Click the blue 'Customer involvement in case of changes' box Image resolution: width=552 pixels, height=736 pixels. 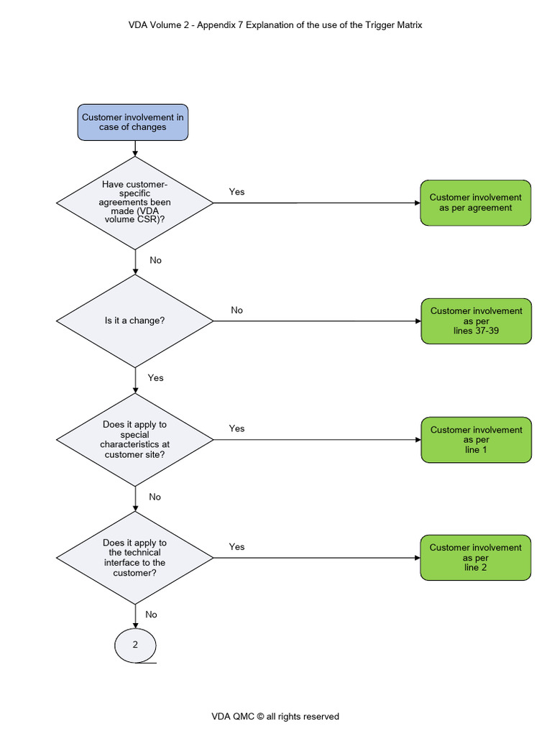(133, 122)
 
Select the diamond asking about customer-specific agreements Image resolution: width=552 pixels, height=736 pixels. (135, 203)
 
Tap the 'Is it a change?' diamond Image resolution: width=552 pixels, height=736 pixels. (135, 321)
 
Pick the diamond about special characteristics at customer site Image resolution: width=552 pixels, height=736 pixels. (135, 439)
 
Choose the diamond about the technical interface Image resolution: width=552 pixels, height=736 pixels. (135, 558)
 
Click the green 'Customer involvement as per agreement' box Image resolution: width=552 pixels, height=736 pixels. (475, 203)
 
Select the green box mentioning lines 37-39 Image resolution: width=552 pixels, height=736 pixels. (476, 321)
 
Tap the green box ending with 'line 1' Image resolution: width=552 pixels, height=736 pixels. (476, 439)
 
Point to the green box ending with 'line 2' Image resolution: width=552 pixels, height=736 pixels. (475, 557)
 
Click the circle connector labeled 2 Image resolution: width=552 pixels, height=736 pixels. (135, 645)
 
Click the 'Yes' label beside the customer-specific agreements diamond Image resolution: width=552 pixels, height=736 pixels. (236, 192)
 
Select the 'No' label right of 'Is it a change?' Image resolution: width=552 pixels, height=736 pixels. (236, 310)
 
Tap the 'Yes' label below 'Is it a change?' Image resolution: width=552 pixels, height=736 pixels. (155, 378)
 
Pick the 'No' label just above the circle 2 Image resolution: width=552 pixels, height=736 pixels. (151, 615)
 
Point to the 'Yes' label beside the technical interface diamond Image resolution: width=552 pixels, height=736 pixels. (236, 547)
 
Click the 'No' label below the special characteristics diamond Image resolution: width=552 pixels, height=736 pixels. (155, 497)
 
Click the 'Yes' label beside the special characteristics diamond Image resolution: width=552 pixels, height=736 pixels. (236, 428)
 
